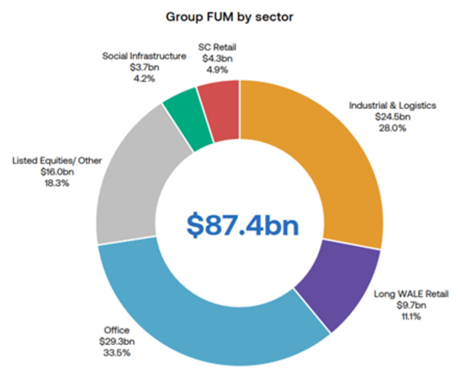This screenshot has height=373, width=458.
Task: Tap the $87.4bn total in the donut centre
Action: click(x=240, y=226)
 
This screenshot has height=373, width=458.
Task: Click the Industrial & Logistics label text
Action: click(x=392, y=105)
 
